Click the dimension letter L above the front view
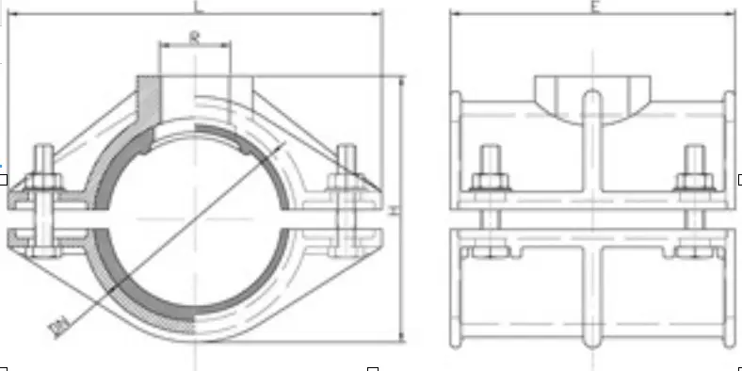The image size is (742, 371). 196,7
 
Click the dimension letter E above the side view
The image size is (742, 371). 595,7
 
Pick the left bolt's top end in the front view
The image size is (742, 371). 41,150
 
